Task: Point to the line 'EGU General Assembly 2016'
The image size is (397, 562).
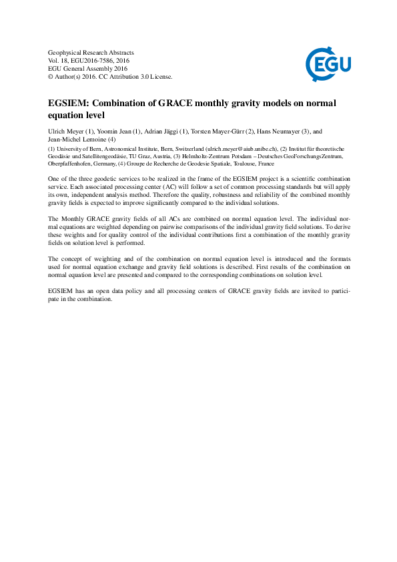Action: [87, 68]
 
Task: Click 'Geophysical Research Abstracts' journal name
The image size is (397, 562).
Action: [91, 52]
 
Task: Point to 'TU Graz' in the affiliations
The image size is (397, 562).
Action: [138, 156]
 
